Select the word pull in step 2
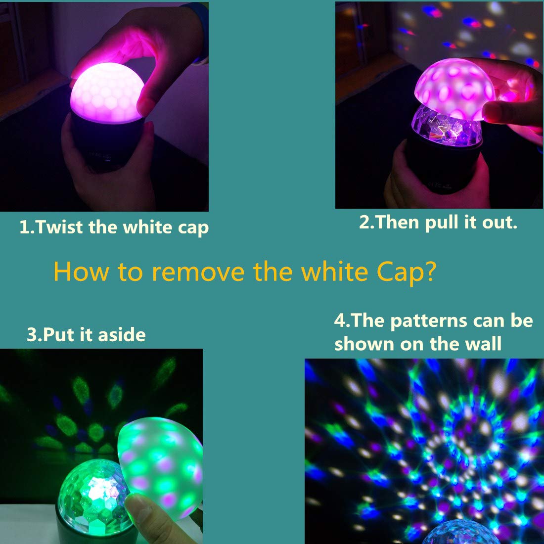[x=442, y=223]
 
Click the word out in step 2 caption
[x=500, y=222]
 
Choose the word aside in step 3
[x=122, y=335]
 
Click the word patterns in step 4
[x=430, y=321]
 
